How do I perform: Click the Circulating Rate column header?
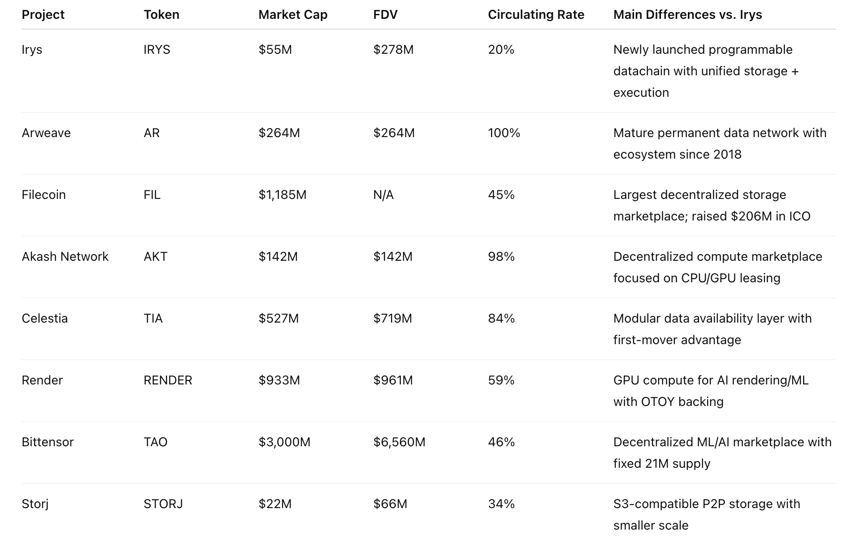pos(536,15)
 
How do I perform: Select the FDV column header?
pos(385,15)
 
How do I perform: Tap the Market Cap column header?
pos(293,15)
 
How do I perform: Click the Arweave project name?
pos(46,133)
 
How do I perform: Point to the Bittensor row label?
pos(48,442)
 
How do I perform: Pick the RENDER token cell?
pos(168,380)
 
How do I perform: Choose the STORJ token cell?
pos(163,504)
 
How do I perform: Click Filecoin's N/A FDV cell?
pos(383,195)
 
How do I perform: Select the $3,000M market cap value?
pos(284,442)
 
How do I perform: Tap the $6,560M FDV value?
pos(399,442)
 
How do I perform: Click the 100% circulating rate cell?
pos(504,133)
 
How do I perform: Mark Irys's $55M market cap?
pos(275,50)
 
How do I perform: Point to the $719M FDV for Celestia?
pos(392,319)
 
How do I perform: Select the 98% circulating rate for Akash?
pos(501,257)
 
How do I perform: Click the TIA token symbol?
pos(153,319)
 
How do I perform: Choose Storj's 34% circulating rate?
pos(501,504)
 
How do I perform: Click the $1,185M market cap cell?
pos(282,195)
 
